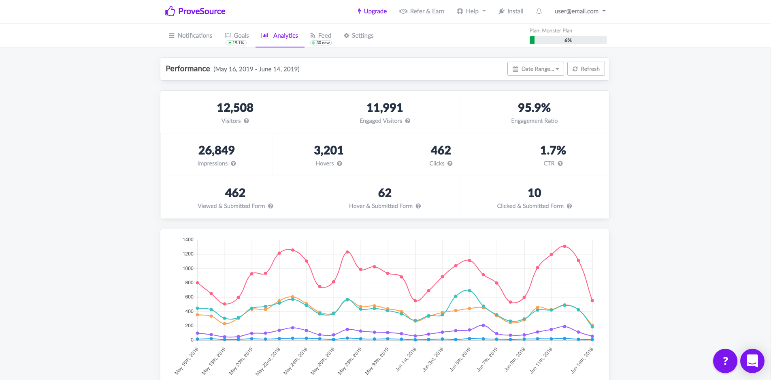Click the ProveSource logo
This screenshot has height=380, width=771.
coord(195,11)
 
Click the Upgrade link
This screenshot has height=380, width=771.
coord(372,11)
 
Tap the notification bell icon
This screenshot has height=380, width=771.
coord(539,11)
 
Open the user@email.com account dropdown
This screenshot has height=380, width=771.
coord(580,11)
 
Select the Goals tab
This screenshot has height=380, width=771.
coord(237,36)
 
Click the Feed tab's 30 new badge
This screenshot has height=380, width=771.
coord(321,43)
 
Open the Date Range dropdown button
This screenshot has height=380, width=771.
coord(535,69)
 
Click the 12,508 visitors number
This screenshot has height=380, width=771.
coord(235,108)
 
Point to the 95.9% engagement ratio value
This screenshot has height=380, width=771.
coord(534,108)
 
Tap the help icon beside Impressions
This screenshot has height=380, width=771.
coord(233,163)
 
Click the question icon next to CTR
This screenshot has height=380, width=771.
coord(560,163)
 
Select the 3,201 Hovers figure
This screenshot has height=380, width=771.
coord(328,150)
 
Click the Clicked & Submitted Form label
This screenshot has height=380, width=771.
coord(530,206)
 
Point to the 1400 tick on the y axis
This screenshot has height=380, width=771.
coord(188,240)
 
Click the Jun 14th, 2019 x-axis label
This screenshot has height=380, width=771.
coord(582,360)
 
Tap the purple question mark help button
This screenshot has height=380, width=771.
coord(725,361)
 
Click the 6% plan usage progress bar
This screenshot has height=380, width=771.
coord(568,40)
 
